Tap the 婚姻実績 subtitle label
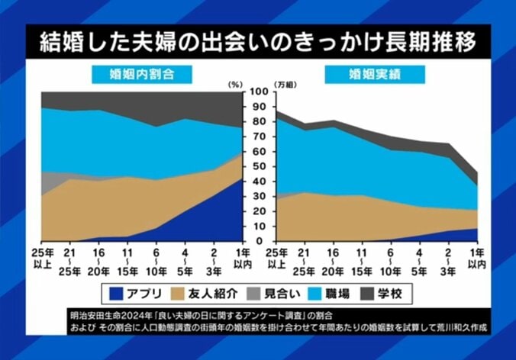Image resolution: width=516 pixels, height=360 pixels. coord(372,74)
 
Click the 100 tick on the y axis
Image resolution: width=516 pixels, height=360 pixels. coord(257,92)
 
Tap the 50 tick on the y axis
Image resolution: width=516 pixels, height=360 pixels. coord(257,166)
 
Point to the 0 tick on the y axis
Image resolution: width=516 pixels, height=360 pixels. coord(257,241)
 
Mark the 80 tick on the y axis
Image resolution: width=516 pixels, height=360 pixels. coord(257,121)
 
